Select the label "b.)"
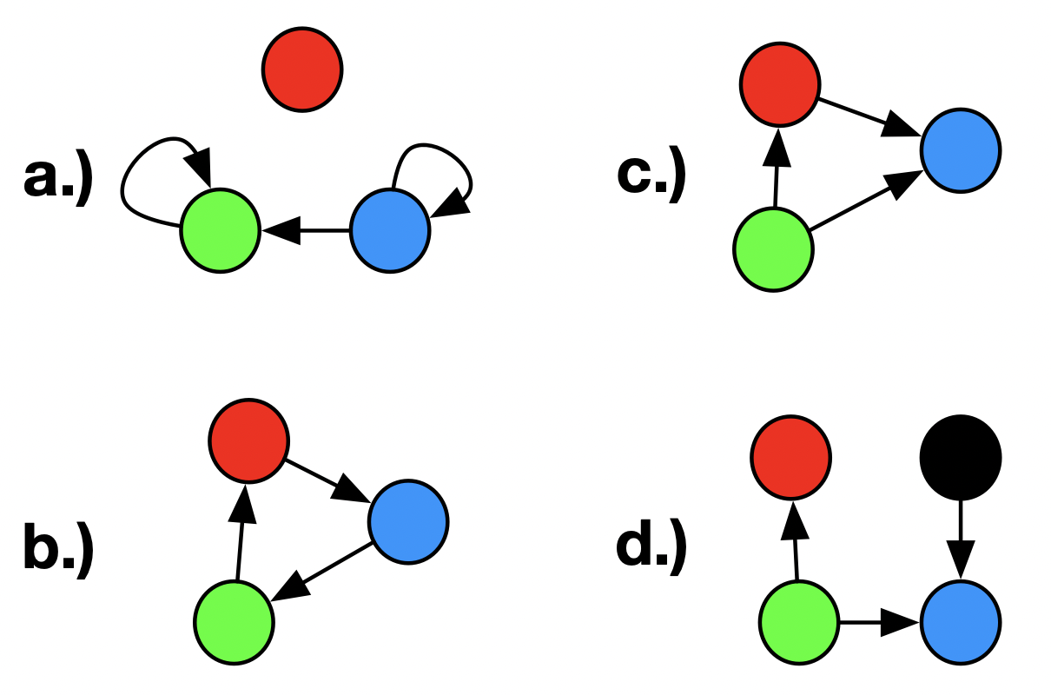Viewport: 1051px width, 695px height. click(57, 549)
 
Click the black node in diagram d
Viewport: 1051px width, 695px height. click(960, 457)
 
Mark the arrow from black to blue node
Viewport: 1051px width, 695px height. click(960, 539)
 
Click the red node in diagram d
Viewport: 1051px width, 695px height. click(791, 457)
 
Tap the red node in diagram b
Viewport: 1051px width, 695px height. click(248, 441)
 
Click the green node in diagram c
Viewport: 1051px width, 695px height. click(774, 249)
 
